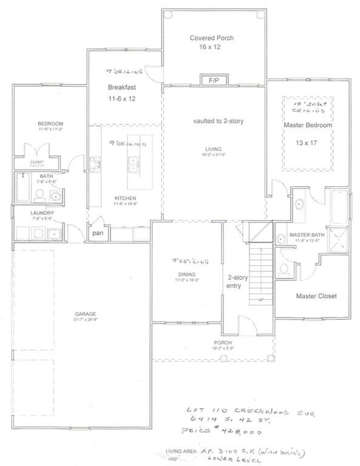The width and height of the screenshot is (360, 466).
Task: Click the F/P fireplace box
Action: coord(214,80)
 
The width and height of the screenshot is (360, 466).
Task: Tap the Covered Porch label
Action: coord(211,38)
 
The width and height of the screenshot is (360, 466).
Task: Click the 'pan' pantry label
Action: coord(97,233)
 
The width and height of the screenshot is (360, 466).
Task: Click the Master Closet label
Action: coord(316,296)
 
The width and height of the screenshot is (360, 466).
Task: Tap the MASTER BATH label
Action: coord(304,234)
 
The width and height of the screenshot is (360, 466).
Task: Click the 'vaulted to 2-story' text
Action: coord(218,121)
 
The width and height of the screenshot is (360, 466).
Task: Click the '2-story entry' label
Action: coord(234,281)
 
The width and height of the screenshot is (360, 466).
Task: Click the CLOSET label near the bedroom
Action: coord(37,162)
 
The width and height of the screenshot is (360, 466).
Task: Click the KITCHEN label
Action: coord(125,198)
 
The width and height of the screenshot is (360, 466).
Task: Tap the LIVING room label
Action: coord(213,149)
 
